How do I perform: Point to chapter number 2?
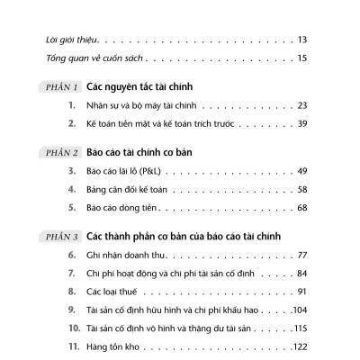coord(70,123)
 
